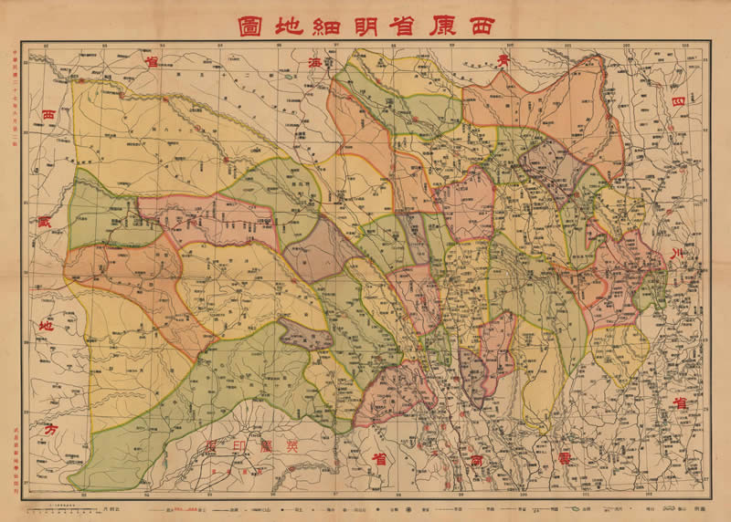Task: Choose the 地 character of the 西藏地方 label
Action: [x=47, y=326]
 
